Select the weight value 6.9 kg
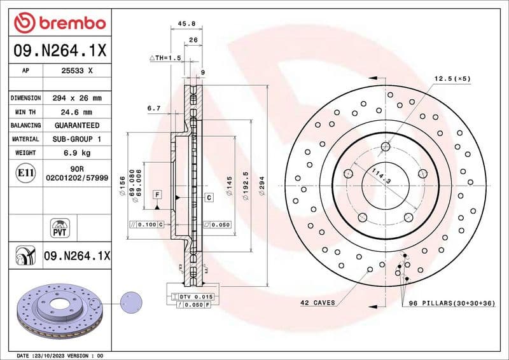pos(77,153)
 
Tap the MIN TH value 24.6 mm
pos(77,112)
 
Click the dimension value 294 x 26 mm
pos(77,99)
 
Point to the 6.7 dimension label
pos(153,109)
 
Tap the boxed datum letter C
pos(208,198)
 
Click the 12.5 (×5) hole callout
pos(452,78)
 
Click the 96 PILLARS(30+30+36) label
pos(451,303)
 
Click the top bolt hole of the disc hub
pos(386,147)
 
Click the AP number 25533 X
pos(77,71)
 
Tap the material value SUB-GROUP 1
pos(77,139)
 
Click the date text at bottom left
pos(59,355)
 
